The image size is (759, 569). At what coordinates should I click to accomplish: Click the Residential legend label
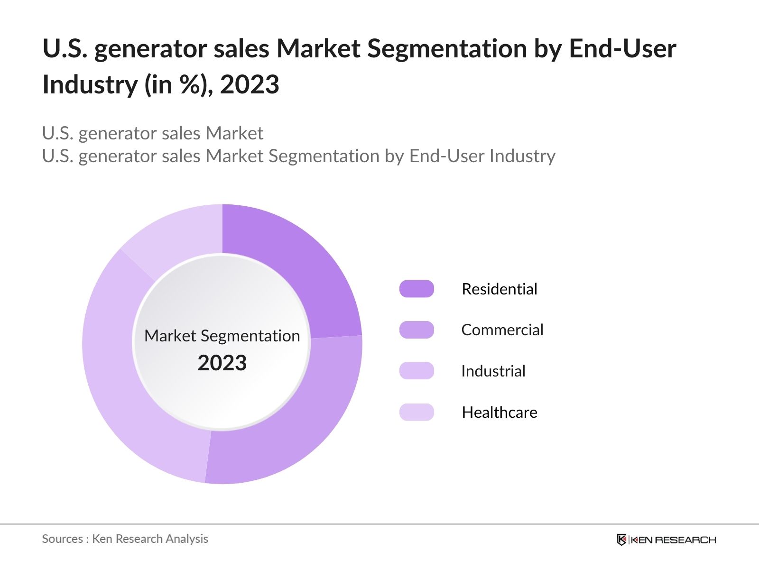pyautogui.click(x=499, y=289)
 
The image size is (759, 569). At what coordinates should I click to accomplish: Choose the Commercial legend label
pyautogui.click(x=502, y=330)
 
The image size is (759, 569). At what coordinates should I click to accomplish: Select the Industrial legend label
pyautogui.click(x=493, y=371)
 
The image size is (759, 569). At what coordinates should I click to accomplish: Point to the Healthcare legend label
pyautogui.click(x=499, y=413)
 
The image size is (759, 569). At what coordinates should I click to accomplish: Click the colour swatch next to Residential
pyautogui.click(x=417, y=289)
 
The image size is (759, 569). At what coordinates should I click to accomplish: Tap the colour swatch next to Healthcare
pyautogui.click(x=417, y=412)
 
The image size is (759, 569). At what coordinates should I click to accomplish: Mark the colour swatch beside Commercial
pyautogui.click(x=417, y=330)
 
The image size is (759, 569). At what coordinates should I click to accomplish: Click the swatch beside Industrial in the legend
pyautogui.click(x=417, y=371)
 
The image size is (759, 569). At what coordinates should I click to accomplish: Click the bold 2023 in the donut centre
pyautogui.click(x=222, y=363)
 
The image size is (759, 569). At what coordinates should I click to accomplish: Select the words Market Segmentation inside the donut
pyautogui.click(x=222, y=336)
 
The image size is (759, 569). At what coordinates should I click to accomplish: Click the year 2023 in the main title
pyautogui.click(x=250, y=85)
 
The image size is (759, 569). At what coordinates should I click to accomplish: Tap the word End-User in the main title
pyautogui.click(x=622, y=49)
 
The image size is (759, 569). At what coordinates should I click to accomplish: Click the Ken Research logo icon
pyautogui.click(x=621, y=540)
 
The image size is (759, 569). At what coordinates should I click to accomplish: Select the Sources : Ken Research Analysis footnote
pyautogui.click(x=125, y=539)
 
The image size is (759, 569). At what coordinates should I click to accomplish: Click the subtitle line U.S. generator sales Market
pyautogui.click(x=152, y=133)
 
